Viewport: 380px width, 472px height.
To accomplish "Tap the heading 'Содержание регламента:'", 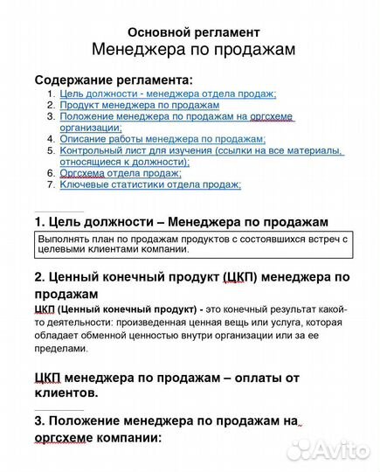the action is point(113,80).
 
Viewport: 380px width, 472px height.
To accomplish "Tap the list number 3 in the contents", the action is point(52,116).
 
